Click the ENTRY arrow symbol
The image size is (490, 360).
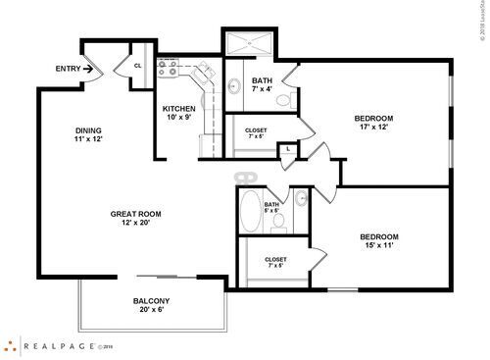coord(87,70)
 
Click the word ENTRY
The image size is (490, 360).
coord(66,70)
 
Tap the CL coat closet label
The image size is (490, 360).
coord(136,66)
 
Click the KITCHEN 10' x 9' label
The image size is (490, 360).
coord(178,114)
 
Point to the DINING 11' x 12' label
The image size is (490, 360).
coord(89,135)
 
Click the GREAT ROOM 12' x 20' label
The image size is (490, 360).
coord(135,219)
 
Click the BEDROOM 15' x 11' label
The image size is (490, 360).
coord(378,241)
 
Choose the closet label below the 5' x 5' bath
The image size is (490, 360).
coord(274,262)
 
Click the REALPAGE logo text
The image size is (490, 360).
coord(59,345)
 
